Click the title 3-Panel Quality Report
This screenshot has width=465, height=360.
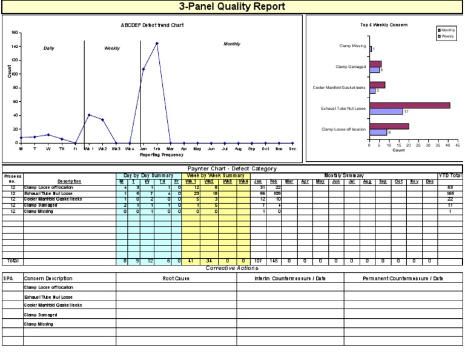(232, 7)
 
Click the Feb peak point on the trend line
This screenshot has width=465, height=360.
(157, 43)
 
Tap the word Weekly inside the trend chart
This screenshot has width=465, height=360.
(112, 48)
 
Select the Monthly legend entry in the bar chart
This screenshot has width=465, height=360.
(446, 30)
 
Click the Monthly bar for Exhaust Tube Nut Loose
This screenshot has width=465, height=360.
(410, 105)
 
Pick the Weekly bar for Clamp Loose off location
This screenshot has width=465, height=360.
(378, 132)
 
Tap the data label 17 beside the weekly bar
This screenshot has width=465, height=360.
(406, 112)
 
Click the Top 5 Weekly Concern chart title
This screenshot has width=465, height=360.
(384, 25)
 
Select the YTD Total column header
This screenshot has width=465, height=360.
(450, 176)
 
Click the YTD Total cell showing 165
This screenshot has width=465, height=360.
(450, 194)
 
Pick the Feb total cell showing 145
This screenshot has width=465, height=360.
(274, 261)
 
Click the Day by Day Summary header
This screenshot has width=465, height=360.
(149, 176)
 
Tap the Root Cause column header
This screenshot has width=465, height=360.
(176, 279)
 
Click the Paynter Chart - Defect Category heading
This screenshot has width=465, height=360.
(232, 168)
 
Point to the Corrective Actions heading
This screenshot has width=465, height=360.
(232, 268)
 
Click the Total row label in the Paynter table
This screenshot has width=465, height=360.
(12, 261)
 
